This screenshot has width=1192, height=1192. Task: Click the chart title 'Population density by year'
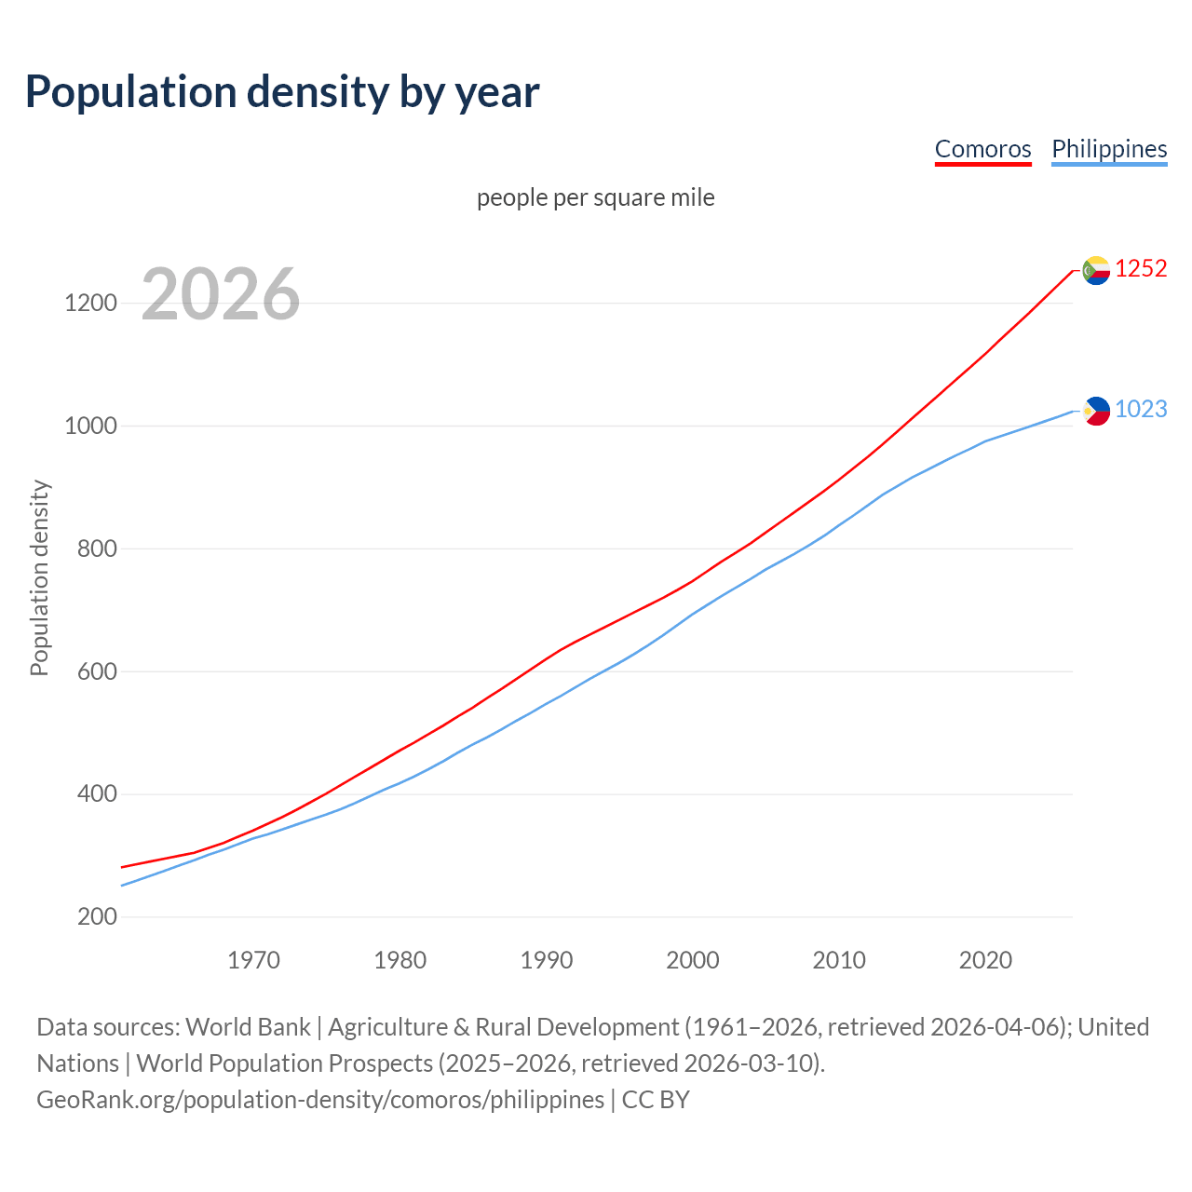(x=282, y=92)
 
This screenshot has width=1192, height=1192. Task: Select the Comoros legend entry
(x=982, y=149)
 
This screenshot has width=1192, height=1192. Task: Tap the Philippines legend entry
(x=1109, y=149)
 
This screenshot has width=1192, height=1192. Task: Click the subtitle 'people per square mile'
(x=595, y=198)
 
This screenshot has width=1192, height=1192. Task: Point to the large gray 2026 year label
(x=221, y=294)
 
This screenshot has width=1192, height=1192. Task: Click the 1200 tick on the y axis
(x=91, y=304)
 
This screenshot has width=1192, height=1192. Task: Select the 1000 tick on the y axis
(x=91, y=427)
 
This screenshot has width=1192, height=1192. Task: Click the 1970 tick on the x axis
(x=253, y=960)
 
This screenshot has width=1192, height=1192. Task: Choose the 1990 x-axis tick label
(x=547, y=960)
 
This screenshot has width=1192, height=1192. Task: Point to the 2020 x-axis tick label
(x=985, y=960)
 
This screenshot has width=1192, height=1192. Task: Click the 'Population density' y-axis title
(x=39, y=577)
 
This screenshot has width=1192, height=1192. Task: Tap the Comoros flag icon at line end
(x=1096, y=270)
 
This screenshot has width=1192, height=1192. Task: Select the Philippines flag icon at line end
(x=1096, y=411)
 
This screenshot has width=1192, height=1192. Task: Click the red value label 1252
(x=1141, y=269)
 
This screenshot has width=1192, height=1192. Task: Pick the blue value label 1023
(x=1141, y=410)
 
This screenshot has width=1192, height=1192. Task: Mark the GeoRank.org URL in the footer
(x=320, y=1100)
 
